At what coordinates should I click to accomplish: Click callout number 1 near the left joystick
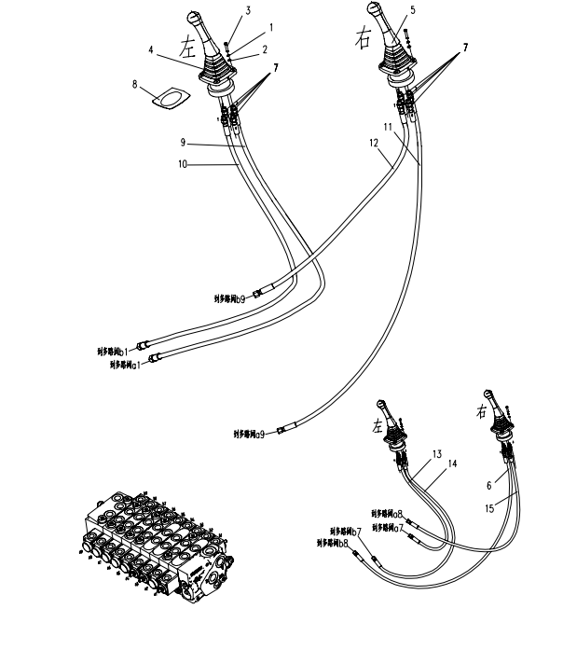245,27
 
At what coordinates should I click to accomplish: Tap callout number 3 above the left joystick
222,10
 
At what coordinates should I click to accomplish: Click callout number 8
135,84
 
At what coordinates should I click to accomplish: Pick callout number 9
184,143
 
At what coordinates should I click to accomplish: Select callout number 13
435,454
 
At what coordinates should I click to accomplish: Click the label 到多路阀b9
229,299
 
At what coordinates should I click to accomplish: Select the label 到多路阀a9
249,433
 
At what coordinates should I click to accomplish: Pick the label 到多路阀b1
112,352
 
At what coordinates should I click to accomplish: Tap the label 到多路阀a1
125,365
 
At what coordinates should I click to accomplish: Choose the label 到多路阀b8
333,542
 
